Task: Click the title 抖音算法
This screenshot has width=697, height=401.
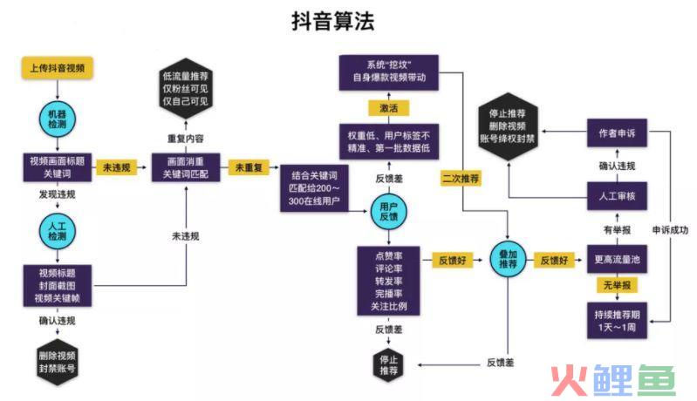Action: click(333, 21)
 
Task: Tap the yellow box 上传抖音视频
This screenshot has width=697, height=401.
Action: click(58, 68)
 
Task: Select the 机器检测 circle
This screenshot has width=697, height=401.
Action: click(58, 119)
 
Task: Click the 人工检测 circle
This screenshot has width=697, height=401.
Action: click(58, 231)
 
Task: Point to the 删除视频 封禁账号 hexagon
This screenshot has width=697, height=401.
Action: click(58, 362)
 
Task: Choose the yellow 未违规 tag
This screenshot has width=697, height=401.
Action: click(117, 167)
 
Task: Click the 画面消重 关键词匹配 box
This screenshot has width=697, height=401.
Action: click(185, 167)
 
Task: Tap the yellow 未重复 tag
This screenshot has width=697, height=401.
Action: click(249, 167)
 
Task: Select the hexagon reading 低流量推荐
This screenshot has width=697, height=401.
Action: click(185, 88)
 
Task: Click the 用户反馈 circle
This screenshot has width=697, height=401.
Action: click(389, 212)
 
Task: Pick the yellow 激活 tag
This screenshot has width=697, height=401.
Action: click(388, 108)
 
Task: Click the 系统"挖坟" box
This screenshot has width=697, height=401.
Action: click(389, 72)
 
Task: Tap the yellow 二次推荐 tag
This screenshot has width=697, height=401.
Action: click(461, 179)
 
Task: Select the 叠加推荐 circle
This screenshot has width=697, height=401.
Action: click(508, 259)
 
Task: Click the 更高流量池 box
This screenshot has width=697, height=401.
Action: click(617, 259)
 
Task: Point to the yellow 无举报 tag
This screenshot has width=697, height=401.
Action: click(617, 285)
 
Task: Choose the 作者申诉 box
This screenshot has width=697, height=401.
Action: click(617, 133)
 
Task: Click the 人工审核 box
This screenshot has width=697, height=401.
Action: click(617, 196)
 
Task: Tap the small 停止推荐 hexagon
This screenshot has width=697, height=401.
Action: click(389, 365)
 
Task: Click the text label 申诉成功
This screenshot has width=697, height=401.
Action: click(670, 230)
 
